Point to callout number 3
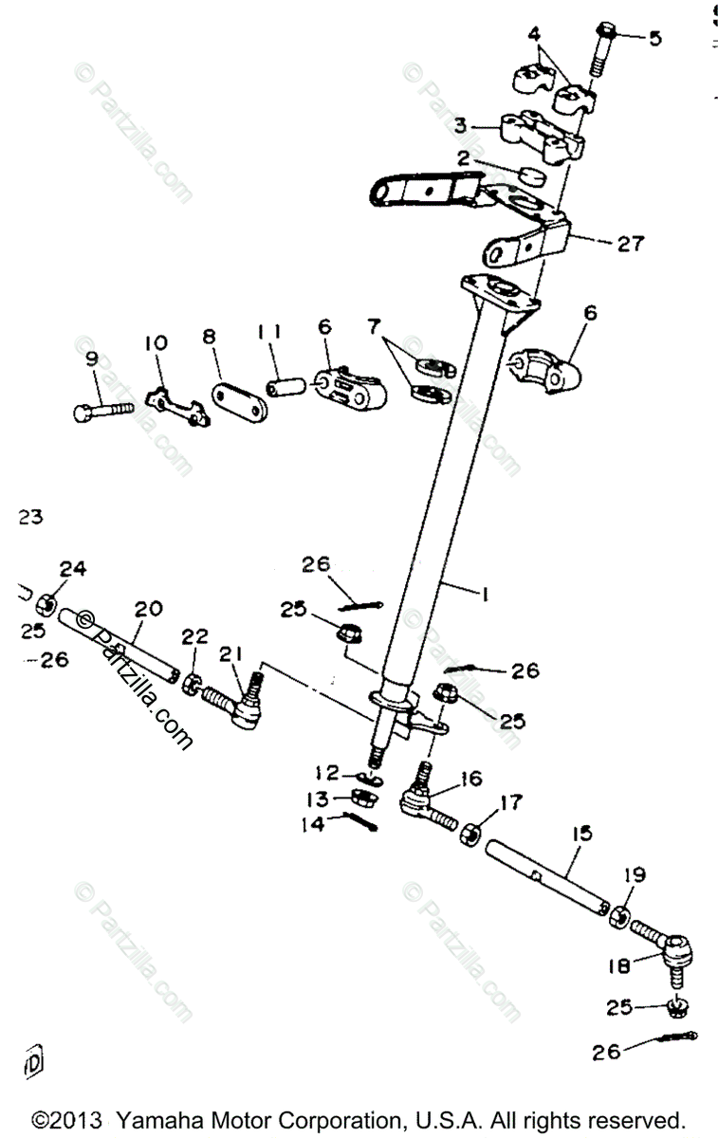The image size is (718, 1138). coord(460,125)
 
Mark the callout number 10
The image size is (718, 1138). coord(155,342)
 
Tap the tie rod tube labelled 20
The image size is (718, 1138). coord(119,645)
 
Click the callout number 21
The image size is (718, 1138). coord(230,655)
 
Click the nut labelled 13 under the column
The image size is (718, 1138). coord(362,797)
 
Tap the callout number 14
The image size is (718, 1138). coord(312,825)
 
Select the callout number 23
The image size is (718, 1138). coord(30,518)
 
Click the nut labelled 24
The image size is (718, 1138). coord(44,604)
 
